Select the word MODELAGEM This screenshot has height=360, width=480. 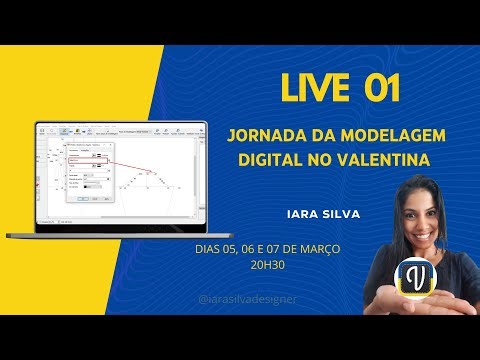click(390, 135)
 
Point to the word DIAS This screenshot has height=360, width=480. click(211, 249)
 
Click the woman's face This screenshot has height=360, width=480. click(411, 224)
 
